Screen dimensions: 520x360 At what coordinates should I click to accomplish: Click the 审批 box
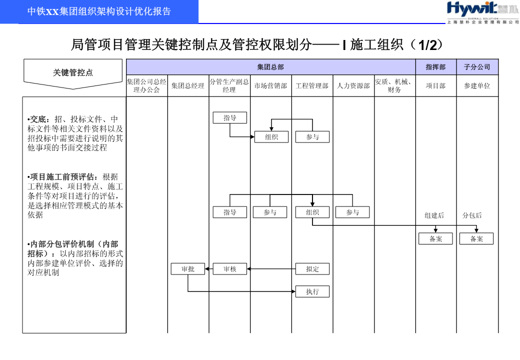pos(187,269)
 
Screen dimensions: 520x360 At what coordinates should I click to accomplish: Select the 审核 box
pos(230,269)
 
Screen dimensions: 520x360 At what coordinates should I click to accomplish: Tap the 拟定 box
pos(312,269)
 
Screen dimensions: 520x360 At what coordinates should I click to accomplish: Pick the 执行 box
pos(312,291)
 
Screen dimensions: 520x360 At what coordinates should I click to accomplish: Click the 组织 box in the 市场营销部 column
pos(271,137)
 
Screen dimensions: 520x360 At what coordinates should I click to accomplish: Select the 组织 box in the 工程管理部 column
pos(312,212)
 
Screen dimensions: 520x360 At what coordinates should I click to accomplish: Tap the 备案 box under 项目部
pos(435,238)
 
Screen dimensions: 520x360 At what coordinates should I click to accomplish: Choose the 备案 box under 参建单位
pos(476,238)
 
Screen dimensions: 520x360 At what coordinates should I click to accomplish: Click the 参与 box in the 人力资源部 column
pos(352,212)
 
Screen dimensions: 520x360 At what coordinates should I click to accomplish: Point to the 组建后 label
pos(434,215)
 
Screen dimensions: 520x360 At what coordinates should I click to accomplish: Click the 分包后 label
pos(472,215)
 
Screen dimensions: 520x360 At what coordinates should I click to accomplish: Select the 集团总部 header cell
pos(271,67)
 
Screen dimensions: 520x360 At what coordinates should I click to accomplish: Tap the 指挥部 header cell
pos(436,67)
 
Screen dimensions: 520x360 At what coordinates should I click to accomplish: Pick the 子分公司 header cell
pos(477,67)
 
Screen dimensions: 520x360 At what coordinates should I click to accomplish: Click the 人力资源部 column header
pos(353,86)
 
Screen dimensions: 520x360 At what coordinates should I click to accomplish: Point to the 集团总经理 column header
pos(188,86)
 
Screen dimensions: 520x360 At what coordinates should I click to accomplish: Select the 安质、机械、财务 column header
pos(394,86)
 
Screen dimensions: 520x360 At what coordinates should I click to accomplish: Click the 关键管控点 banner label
pos(73,72)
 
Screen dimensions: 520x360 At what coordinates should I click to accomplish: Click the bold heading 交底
pos(38,119)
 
